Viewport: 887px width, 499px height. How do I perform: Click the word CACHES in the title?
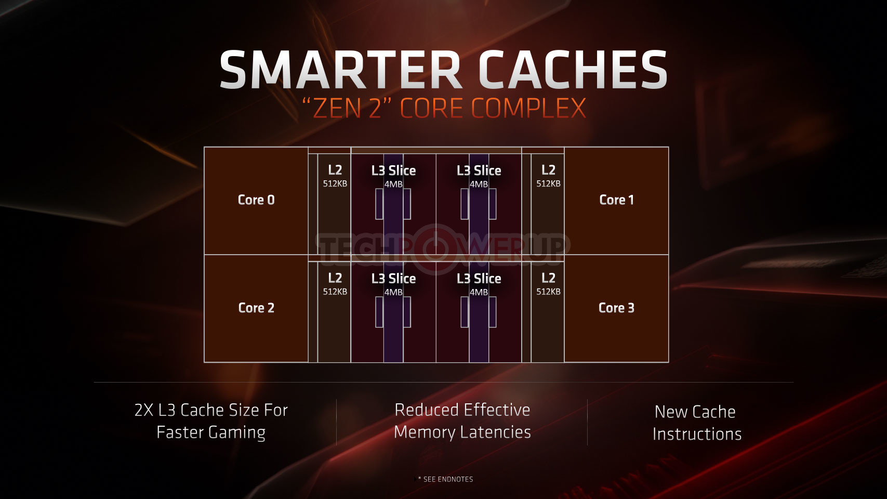(573, 70)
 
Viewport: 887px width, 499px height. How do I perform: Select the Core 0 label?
(256, 200)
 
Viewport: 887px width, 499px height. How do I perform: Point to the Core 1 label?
(617, 200)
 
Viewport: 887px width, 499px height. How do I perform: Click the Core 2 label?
(256, 308)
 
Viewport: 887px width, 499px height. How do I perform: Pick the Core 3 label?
(617, 308)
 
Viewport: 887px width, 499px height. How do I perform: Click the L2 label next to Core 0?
(335, 170)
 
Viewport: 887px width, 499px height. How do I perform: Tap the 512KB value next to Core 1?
(548, 184)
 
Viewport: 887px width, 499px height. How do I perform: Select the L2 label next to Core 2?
(335, 278)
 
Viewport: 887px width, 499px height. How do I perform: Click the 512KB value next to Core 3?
(548, 292)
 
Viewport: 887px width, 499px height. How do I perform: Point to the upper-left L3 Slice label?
(393, 170)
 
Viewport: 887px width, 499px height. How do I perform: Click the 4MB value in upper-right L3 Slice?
(479, 184)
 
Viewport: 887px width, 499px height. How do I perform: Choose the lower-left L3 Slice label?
(393, 279)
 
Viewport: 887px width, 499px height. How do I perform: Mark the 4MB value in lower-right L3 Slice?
(479, 292)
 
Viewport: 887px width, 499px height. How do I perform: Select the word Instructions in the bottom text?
(697, 434)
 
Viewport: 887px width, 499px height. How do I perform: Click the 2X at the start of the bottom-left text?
(144, 410)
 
